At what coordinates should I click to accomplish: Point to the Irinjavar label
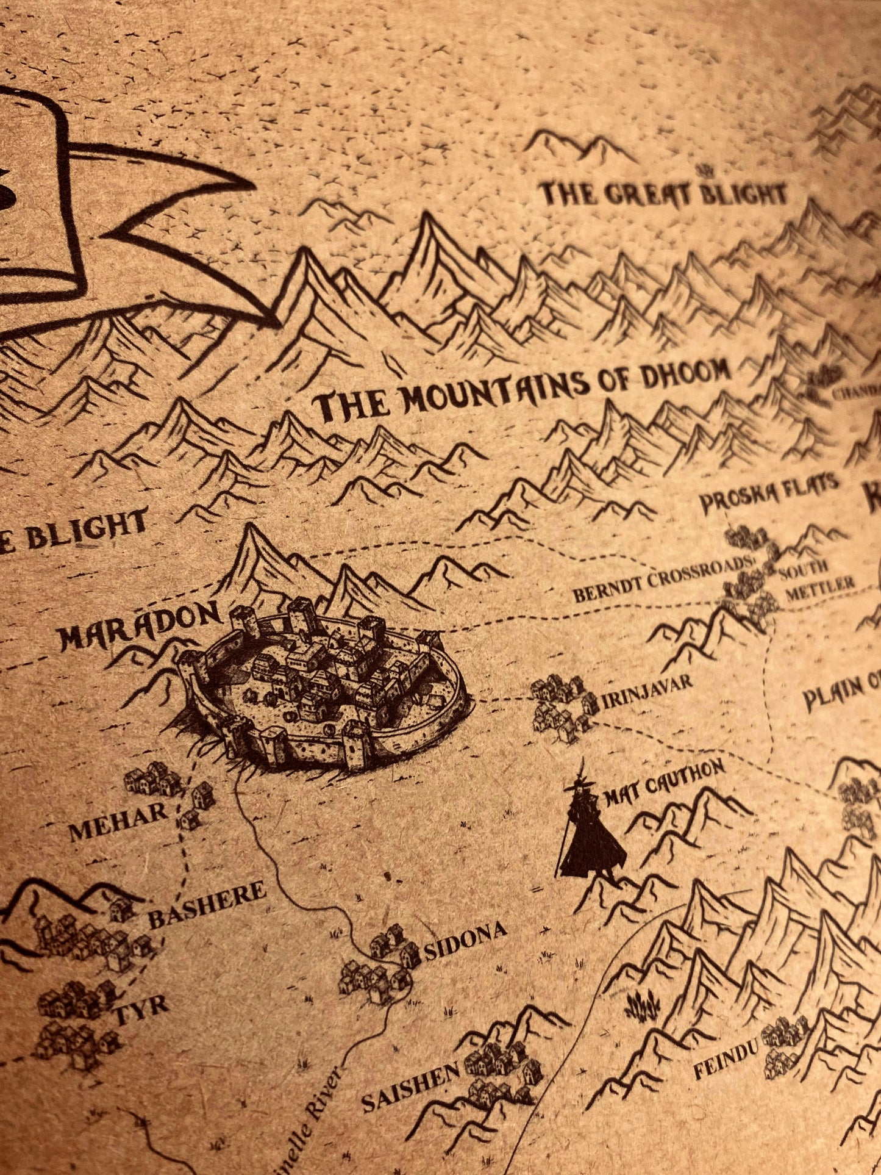pos(647,692)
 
